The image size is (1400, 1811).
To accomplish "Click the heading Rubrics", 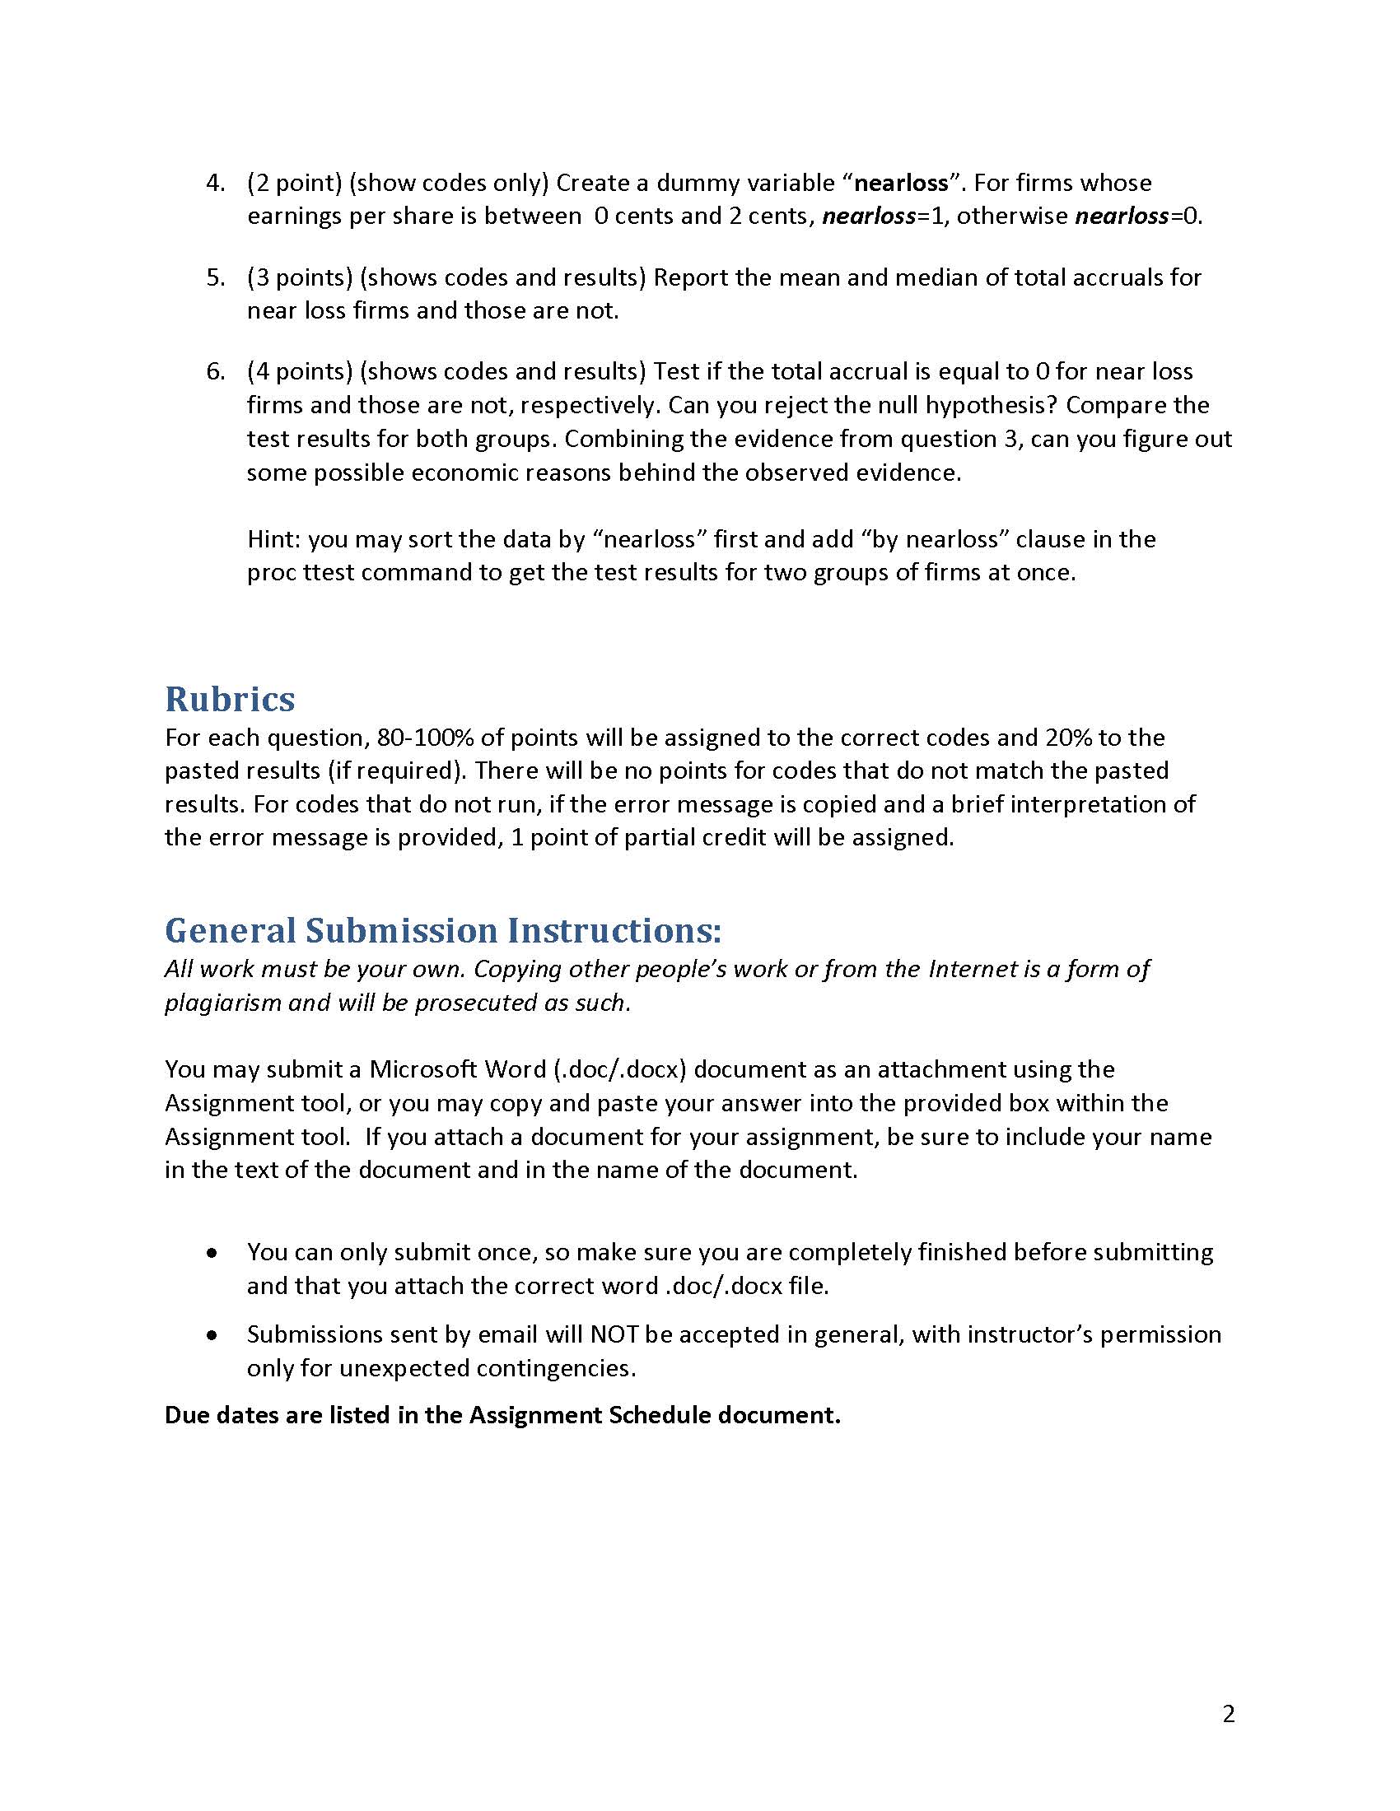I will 230,699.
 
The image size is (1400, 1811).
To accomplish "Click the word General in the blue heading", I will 230,930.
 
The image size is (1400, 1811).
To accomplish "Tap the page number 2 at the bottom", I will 1229,1713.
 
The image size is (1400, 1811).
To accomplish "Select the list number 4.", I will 215,183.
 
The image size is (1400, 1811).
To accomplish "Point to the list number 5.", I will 215,277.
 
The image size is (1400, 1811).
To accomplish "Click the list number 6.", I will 215,371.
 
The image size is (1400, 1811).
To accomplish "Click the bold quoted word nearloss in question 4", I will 901,183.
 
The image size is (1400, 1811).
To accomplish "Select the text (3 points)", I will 301,277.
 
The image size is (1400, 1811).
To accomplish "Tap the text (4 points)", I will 301,371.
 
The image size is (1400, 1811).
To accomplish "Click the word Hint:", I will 274,539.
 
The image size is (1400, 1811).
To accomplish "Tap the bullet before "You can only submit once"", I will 213,1253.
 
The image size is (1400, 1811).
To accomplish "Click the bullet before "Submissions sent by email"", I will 213,1336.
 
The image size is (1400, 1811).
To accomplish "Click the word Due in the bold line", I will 187,1416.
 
